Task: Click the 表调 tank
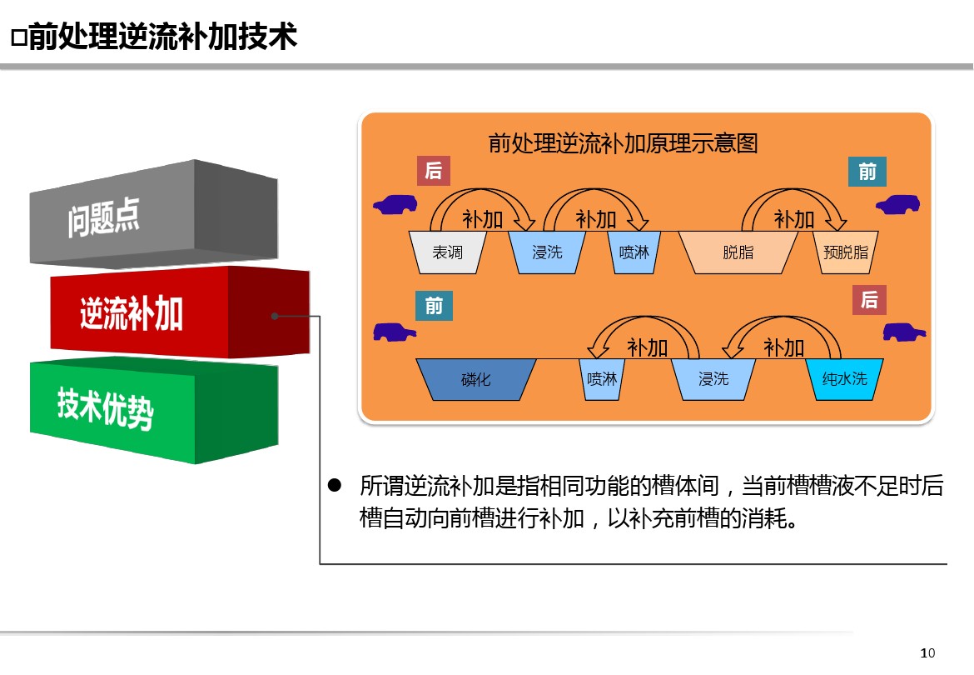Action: (447, 252)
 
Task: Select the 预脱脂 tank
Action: (846, 252)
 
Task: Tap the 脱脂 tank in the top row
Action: (738, 252)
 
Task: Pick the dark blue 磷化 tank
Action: (476, 379)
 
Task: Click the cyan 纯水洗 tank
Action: (844, 379)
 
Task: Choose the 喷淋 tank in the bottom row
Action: (602, 379)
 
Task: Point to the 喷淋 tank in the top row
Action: (634, 252)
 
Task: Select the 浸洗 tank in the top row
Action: (547, 252)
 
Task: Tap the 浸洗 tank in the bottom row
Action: (713, 379)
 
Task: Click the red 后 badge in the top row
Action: (434, 171)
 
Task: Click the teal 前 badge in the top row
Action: (867, 172)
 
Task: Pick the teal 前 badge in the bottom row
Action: (434, 306)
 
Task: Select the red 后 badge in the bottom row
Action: (869, 300)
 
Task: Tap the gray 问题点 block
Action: (153, 214)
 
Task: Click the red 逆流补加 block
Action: (180, 312)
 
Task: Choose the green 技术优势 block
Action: (153, 410)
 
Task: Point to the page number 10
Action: (927, 652)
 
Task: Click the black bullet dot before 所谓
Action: (335, 485)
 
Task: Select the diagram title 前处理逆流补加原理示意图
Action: (623, 143)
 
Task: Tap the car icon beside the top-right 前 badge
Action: (897, 204)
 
